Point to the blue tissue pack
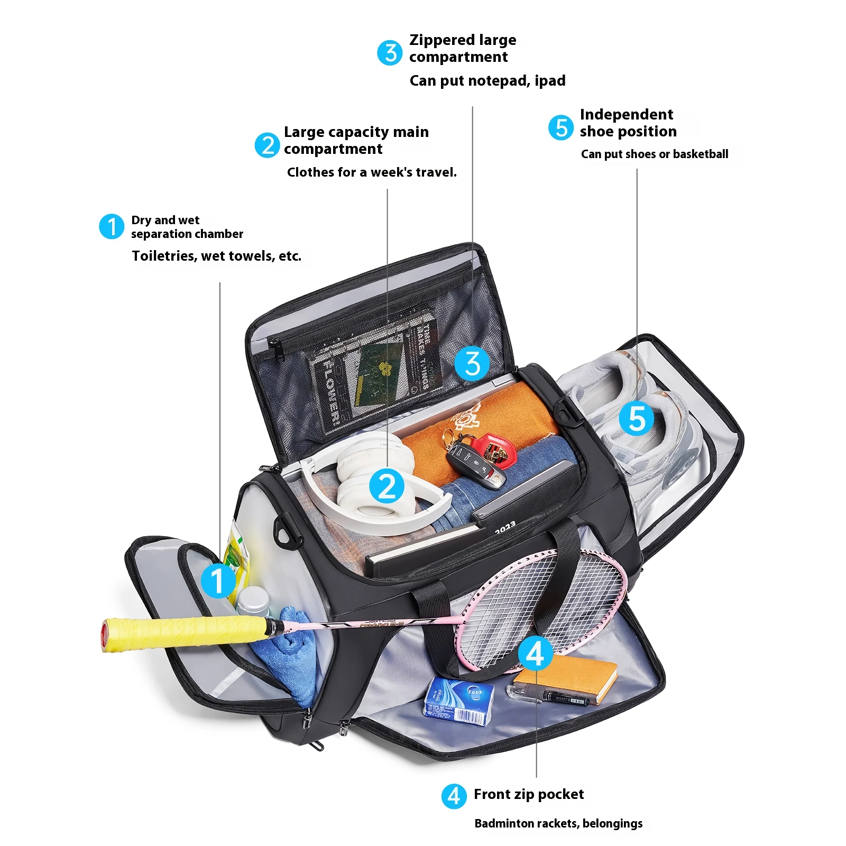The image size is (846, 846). [458, 701]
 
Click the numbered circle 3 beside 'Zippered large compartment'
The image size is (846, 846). [390, 53]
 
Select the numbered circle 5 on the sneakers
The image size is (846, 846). [637, 418]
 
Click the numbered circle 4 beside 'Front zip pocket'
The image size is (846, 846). [454, 796]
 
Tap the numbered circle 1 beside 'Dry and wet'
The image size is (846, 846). [112, 226]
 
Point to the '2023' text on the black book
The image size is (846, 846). [505, 527]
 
